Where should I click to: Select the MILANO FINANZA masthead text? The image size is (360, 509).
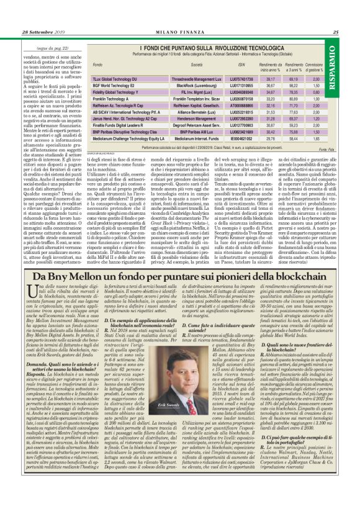tap(179, 32)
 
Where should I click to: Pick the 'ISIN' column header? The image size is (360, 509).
tap(241, 65)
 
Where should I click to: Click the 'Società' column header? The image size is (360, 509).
tap(197, 65)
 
